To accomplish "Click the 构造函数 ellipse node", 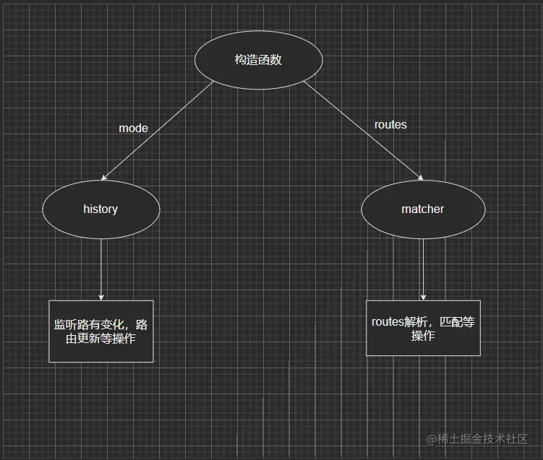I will [258, 61].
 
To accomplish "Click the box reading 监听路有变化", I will [101, 331].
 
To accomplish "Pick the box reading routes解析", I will [423, 329].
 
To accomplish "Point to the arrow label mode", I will [133, 129].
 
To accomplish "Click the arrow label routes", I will [390, 125].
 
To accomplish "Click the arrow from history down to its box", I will [101, 267].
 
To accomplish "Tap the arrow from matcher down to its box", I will [423, 267].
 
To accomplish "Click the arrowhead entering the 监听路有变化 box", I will [101, 296].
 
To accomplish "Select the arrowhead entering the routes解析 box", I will [423, 296].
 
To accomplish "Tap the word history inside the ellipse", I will [101, 209].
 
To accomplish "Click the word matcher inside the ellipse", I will [423, 209].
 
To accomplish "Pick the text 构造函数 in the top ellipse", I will [258, 61].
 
